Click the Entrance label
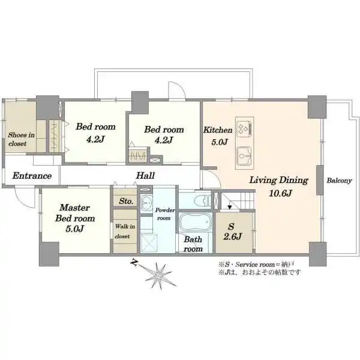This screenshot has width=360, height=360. click(x=32, y=176)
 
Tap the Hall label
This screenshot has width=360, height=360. click(x=145, y=176)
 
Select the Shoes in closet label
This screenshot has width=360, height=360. click(x=22, y=139)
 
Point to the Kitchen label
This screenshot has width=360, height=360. click(x=218, y=130)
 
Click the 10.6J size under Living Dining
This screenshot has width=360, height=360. click(x=280, y=193)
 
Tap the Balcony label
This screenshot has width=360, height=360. click(x=340, y=181)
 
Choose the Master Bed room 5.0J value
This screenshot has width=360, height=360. click(x=75, y=229)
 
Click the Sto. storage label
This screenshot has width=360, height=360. click(x=126, y=202)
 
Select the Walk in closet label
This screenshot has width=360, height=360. click(x=125, y=231)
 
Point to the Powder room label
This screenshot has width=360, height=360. click(x=164, y=214)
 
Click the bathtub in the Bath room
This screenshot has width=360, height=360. click(x=196, y=222)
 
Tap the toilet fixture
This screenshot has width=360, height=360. click(x=202, y=200)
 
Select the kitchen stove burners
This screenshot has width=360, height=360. click(x=244, y=127)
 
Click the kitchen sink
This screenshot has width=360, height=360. click(x=244, y=157)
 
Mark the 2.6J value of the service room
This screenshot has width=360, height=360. click(x=232, y=236)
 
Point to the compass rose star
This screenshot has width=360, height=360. click(x=159, y=274)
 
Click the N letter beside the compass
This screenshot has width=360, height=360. click(x=134, y=262)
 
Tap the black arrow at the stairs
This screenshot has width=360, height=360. click(x=229, y=208)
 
